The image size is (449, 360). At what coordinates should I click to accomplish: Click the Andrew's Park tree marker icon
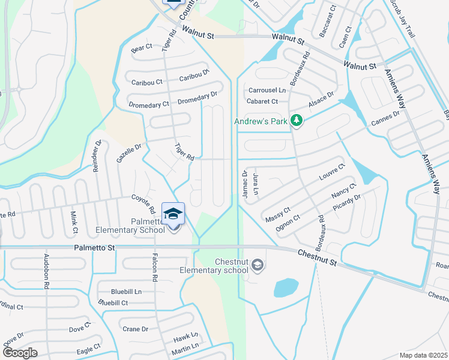[296, 121]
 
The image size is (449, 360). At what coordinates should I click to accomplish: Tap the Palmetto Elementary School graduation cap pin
[173, 214]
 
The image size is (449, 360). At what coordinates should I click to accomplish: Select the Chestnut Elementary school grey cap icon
[257, 265]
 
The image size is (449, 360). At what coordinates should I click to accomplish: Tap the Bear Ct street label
[142, 47]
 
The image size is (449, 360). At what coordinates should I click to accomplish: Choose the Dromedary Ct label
[149, 104]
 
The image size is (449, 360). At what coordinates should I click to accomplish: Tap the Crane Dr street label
[135, 329]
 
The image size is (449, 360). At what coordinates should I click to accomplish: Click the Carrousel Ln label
[266, 90]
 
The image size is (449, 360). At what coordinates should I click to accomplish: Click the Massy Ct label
[277, 214]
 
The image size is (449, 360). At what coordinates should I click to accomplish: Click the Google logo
[20, 353]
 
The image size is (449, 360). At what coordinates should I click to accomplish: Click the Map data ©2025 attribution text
[424, 355]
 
